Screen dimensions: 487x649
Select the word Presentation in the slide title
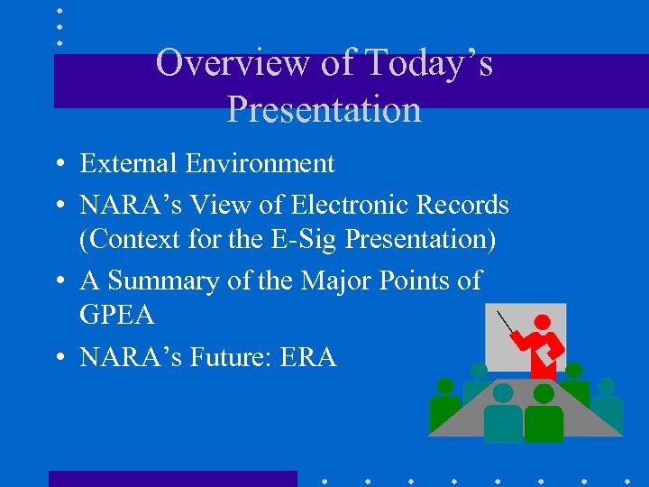point(324,109)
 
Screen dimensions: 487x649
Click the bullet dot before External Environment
point(58,165)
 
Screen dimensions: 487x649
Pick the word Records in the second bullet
point(465,205)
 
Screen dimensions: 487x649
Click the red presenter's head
point(542,322)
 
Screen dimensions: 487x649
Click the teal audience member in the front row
point(502,414)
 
